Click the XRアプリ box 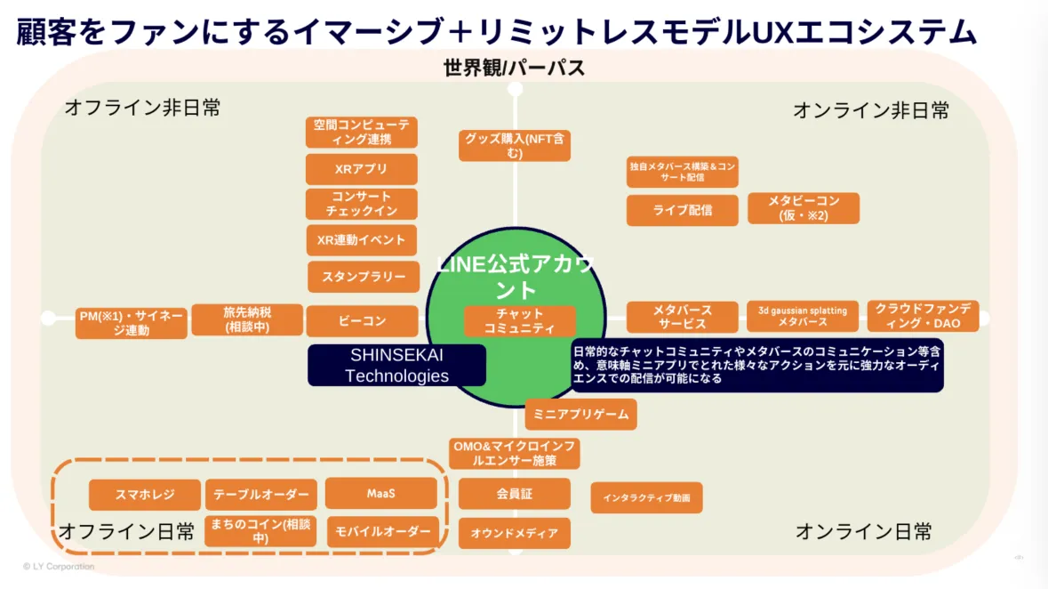click(361, 169)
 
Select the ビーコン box click(362, 321)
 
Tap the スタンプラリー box click(364, 277)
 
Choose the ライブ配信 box click(682, 210)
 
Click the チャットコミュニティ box click(520, 321)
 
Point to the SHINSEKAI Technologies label click(396, 365)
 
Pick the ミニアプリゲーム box click(581, 414)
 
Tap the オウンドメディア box click(514, 533)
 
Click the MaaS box click(380, 493)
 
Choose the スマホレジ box click(145, 495)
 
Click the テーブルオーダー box click(261, 495)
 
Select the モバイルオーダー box click(383, 532)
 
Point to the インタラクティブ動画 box click(646, 497)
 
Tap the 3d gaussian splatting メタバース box click(803, 315)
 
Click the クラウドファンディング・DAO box click(923, 316)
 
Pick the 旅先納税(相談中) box click(248, 319)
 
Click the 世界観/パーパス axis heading click(514, 68)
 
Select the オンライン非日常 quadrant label click(870, 110)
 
